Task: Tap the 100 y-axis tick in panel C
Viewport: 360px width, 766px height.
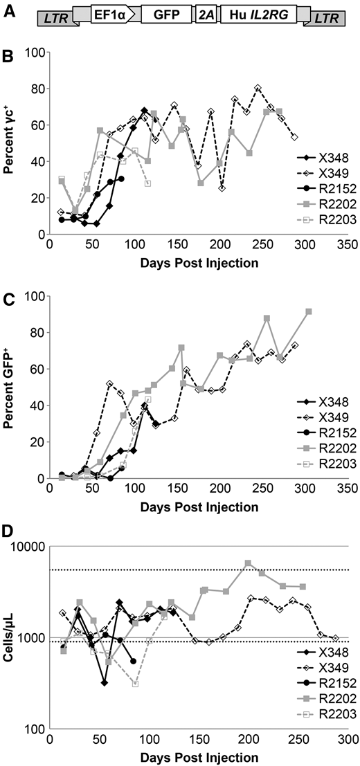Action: (33, 296)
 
